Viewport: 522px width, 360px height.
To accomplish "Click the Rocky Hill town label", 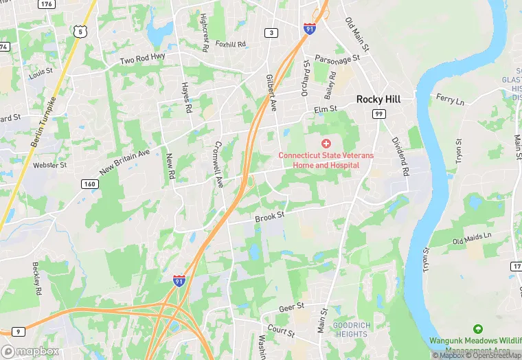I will point(378,100).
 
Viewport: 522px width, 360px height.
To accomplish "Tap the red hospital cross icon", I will point(326,143).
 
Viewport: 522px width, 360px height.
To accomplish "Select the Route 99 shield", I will point(378,113).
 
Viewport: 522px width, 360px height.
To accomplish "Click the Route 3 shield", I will point(273,33).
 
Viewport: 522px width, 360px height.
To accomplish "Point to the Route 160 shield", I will point(89,183).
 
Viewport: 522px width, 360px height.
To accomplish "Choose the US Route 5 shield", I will point(81,32).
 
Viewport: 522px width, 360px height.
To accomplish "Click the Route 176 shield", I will point(47,4).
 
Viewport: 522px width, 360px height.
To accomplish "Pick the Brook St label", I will point(269,217).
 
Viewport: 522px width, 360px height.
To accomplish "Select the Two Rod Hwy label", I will point(144,60).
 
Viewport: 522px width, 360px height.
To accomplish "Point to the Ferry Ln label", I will point(450,100).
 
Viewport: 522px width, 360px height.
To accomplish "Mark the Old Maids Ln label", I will point(472,238).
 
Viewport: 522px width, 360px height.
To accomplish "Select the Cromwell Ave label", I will point(219,165).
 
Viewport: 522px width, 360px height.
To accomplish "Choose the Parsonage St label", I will point(337,60).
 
